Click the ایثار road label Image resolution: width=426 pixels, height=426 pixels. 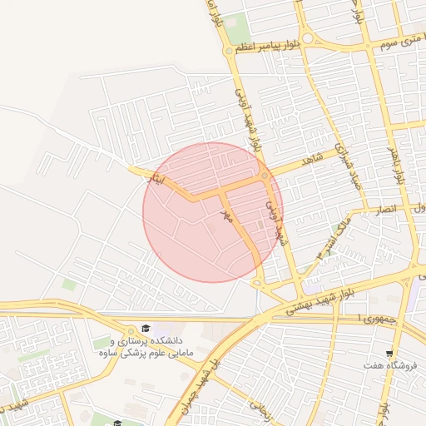(x=156, y=179)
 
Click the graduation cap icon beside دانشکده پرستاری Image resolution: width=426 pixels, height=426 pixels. (x=146, y=329)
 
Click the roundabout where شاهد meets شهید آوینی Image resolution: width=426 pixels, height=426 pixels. (x=265, y=176)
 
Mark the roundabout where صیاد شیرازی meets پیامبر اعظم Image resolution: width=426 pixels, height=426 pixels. (x=307, y=37)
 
